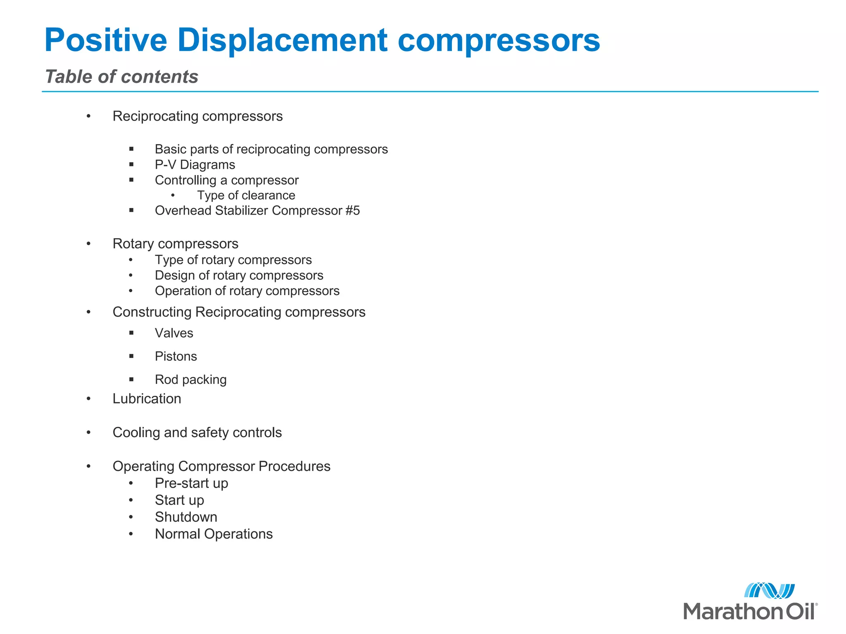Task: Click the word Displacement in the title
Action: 283,40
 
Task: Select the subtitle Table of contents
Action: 121,77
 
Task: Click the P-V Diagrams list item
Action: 195,165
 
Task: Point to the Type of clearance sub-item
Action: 246,195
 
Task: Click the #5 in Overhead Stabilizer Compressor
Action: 352,211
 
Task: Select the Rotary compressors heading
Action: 175,244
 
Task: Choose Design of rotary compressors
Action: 239,275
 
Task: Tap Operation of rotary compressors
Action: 247,291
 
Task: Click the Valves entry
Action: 174,333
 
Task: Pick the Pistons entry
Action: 176,356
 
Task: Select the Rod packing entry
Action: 190,379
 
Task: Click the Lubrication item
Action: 147,399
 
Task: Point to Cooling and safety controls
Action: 197,433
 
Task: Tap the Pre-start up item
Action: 191,483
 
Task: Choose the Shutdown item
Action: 186,517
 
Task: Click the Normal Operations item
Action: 214,534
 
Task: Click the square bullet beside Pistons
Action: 131,356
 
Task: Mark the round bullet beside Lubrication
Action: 88,399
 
